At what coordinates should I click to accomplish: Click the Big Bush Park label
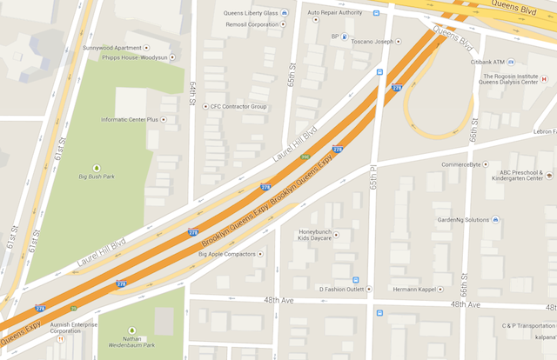[x=97, y=177]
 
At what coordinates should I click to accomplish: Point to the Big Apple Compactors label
[x=226, y=255]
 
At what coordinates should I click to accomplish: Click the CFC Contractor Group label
[x=238, y=106]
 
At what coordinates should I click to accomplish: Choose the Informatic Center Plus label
[x=130, y=119]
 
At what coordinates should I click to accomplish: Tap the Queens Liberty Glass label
[x=252, y=14]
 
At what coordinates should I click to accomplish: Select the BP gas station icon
[x=345, y=37]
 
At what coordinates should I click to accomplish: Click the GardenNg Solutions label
[x=463, y=220]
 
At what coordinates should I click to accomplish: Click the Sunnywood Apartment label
[x=111, y=47]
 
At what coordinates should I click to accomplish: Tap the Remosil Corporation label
[x=252, y=24]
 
